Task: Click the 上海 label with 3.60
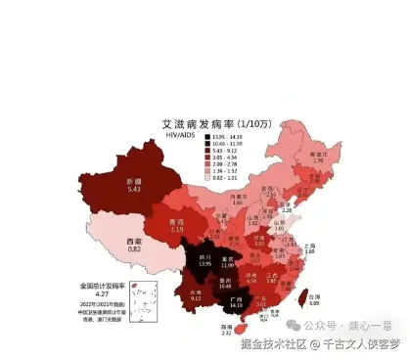[309, 248]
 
